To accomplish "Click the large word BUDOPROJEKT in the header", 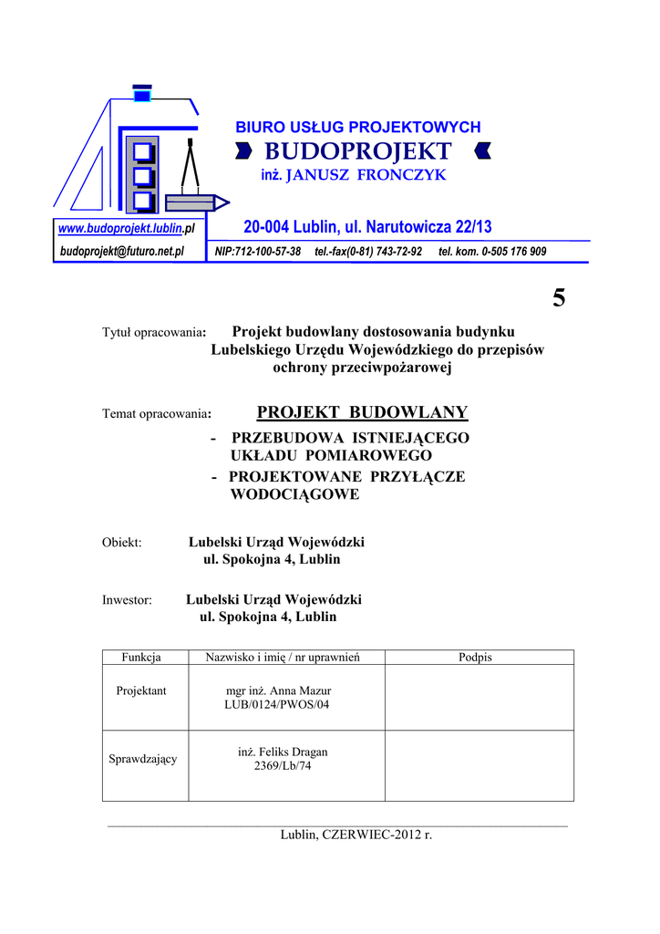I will (x=358, y=151).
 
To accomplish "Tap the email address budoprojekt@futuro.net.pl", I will (x=122, y=251).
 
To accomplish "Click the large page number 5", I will (x=558, y=297).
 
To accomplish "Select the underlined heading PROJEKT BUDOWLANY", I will (x=362, y=413).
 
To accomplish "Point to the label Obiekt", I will (x=121, y=543).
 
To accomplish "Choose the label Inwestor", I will (x=127, y=600).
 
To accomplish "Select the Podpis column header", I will (x=475, y=658).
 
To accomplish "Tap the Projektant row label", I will (x=141, y=690).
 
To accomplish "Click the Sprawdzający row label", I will (x=143, y=759).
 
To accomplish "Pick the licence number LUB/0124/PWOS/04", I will (x=277, y=705).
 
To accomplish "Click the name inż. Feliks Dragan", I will (x=283, y=752).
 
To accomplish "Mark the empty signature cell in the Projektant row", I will (x=479, y=698).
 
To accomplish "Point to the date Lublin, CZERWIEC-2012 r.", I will (x=356, y=835).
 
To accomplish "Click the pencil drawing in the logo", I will (x=194, y=201).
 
